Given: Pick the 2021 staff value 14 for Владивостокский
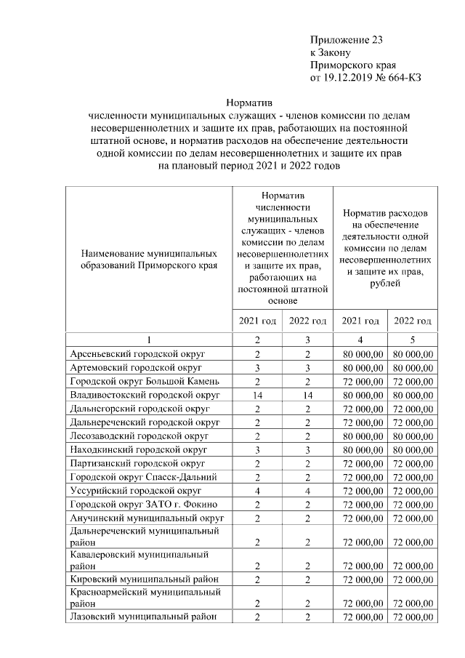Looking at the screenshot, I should point(257,395).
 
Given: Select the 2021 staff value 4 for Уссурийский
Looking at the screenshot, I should point(257,491).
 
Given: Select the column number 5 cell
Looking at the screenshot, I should point(413,340).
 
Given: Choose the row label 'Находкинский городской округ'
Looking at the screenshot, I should point(136,450).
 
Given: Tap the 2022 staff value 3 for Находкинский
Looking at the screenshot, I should point(308,450).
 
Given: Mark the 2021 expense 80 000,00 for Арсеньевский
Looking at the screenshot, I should point(360,354).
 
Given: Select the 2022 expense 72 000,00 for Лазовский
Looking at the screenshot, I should point(413,617).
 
